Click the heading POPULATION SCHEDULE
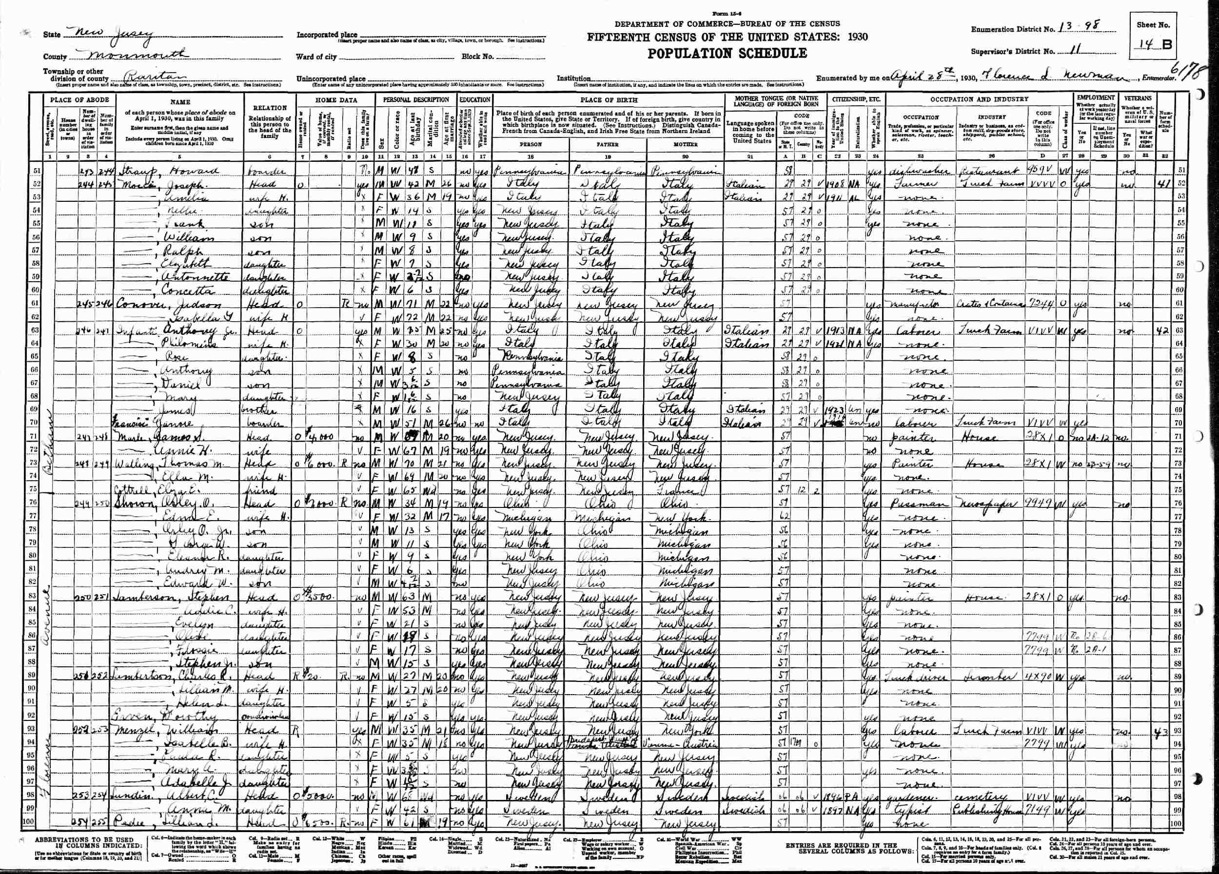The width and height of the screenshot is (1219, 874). (x=727, y=53)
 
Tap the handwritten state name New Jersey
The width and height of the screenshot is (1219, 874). (x=107, y=33)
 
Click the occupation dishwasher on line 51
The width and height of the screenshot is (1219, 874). (x=909, y=172)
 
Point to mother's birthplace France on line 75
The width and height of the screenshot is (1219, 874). (x=672, y=490)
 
